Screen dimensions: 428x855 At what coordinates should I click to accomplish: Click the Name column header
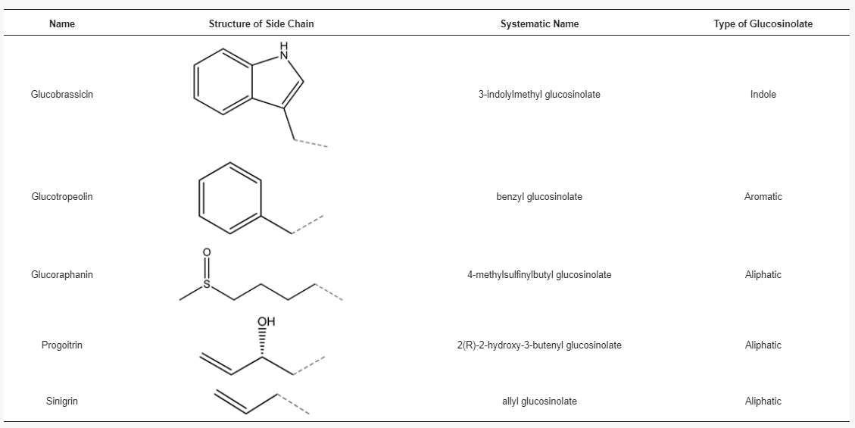pyautogui.click(x=62, y=23)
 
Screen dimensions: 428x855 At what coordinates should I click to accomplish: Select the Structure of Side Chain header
pyautogui.click(x=261, y=23)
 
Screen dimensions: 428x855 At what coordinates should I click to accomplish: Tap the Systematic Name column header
pyautogui.click(x=539, y=23)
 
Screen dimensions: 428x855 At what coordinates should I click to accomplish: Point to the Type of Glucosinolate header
pyautogui.click(x=763, y=23)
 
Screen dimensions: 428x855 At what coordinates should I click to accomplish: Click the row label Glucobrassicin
pyautogui.click(x=62, y=95)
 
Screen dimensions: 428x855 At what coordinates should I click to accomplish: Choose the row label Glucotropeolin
pyautogui.click(x=62, y=197)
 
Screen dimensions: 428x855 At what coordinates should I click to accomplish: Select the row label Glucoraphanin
pyautogui.click(x=62, y=275)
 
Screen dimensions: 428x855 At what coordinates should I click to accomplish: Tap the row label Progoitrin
pyautogui.click(x=62, y=345)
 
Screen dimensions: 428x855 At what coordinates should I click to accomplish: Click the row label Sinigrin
pyautogui.click(x=62, y=401)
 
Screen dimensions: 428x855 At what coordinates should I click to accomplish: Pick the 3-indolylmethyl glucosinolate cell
pyautogui.click(x=539, y=95)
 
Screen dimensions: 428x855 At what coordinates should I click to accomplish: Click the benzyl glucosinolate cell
pyautogui.click(x=539, y=197)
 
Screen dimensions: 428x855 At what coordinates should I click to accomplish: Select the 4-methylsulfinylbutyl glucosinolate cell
pyautogui.click(x=539, y=275)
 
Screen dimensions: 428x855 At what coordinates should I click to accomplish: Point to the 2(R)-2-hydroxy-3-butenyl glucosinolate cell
pyautogui.click(x=539, y=345)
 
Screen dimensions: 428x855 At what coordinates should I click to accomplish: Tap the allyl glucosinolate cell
pyautogui.click(x=539, y=401)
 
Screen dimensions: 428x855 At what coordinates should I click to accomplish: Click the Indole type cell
pyautogui.click(x=763, y=95)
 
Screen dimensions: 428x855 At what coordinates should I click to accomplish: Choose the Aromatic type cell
pyautogui.click(x=763, y=197)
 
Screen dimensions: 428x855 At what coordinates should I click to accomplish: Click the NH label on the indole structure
pyautogui.click(x=285, y=50)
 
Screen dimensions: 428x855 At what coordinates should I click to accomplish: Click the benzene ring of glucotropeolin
pyautogui.click(x=229, y=197)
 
